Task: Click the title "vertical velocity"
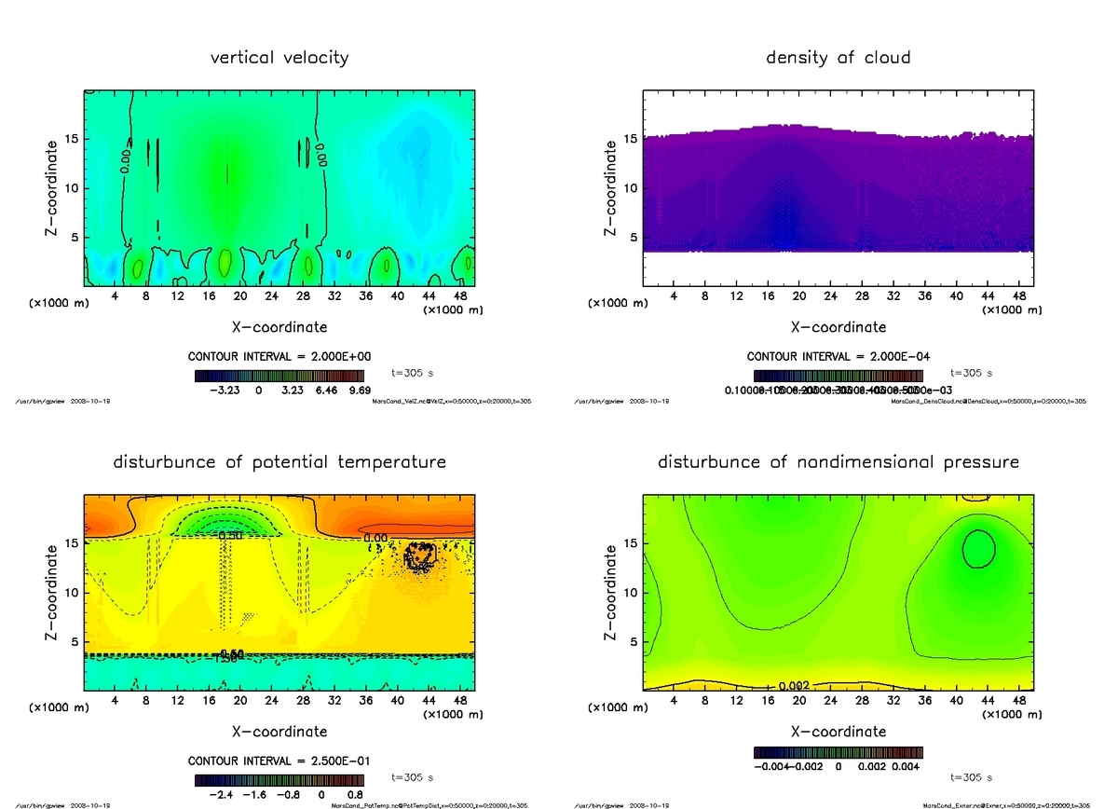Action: [x=279, y=58]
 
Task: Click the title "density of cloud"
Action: [x=838, y=58]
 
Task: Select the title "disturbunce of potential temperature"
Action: [x=279, y=462]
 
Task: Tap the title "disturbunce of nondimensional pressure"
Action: [x=838, y=462]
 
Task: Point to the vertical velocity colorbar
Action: [x=279, y=377]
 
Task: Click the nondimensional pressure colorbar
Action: [x=837, y=751]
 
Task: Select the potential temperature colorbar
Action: [x=279, y=781]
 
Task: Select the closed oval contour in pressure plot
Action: [x=978, y=548]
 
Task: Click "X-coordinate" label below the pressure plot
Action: [x=838, y=732]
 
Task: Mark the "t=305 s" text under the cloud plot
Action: [x=971, y=373]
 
